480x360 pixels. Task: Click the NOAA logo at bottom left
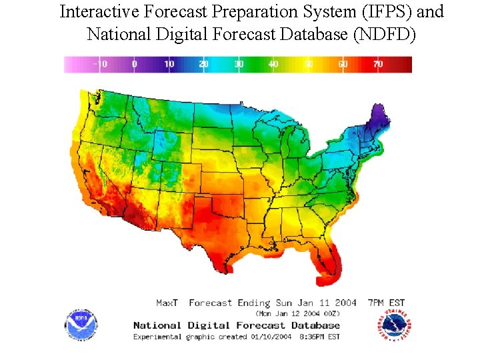(x=81, y=325)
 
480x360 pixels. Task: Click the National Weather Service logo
(x=389, y=325)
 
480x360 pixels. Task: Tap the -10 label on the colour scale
(x=100, y=64)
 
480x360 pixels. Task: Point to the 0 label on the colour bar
(x=135, y=64)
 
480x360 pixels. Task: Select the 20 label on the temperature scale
(x=204, y=64)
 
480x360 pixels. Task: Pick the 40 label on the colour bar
(x=273, y=64)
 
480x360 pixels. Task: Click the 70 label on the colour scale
(x=377, y=64)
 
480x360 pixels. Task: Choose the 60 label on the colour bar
(x=343, y=64)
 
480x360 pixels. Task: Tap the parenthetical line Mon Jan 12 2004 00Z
(x=298, y=313)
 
